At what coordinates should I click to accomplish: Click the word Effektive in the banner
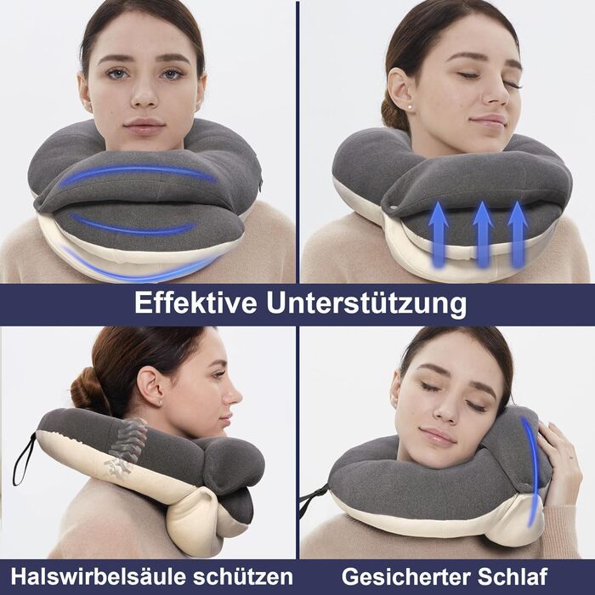click(195, 303)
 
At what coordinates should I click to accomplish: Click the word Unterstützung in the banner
click(366, 304)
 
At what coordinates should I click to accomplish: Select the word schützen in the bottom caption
click(243, 577)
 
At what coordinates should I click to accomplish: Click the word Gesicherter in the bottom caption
click(406, 576)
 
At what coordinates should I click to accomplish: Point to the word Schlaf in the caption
click(513, 576)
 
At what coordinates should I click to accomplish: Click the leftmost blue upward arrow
click(439, 235)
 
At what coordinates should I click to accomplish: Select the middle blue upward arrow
click(482, 235)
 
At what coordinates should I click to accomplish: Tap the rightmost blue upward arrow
click(517, 235)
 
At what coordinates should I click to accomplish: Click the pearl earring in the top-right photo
click(410, 107)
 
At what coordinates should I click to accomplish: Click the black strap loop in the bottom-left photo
click(24, 458)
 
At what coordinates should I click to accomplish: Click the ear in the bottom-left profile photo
click(150, 386)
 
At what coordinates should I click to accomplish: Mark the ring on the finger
click(571, 459)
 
